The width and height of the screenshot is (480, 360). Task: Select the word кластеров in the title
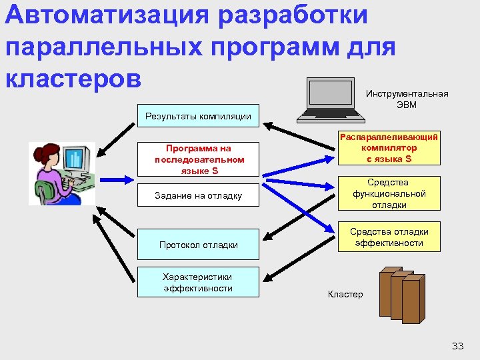tap(73, 77)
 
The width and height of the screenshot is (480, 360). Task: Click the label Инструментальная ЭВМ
tap(407, 99)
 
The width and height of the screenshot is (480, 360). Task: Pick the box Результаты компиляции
tap(198, 117)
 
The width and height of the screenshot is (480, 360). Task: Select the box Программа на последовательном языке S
tap(199, 159)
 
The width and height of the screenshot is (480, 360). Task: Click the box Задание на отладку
tap(199, 196)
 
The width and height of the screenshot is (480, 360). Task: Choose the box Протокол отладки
tap(199, 245)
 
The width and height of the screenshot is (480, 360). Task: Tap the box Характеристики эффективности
tap(199, 282)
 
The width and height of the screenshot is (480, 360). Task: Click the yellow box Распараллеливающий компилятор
tap(389, 147)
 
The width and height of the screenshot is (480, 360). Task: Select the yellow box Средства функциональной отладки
tap(389, 193)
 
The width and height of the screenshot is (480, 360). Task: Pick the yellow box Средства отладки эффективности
tap(389, 237)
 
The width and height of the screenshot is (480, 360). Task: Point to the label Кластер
tap(345, 294)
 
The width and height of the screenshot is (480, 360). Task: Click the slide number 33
tap(457, 345)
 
